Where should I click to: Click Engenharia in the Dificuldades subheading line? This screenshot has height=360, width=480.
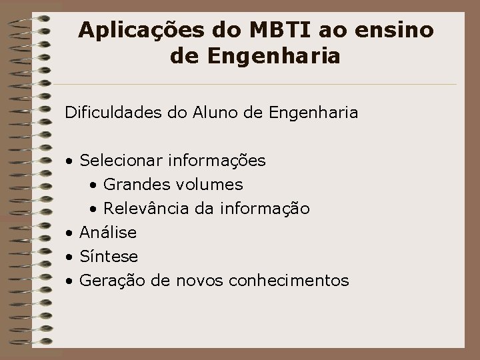(x=313, y=113)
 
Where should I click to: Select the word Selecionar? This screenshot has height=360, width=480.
(x=121, y=161)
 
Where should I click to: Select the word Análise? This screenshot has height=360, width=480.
(x=108, y=233)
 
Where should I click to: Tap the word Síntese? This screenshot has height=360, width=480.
(x=109, y=257)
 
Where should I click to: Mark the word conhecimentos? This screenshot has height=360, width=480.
(x=289, y=281)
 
